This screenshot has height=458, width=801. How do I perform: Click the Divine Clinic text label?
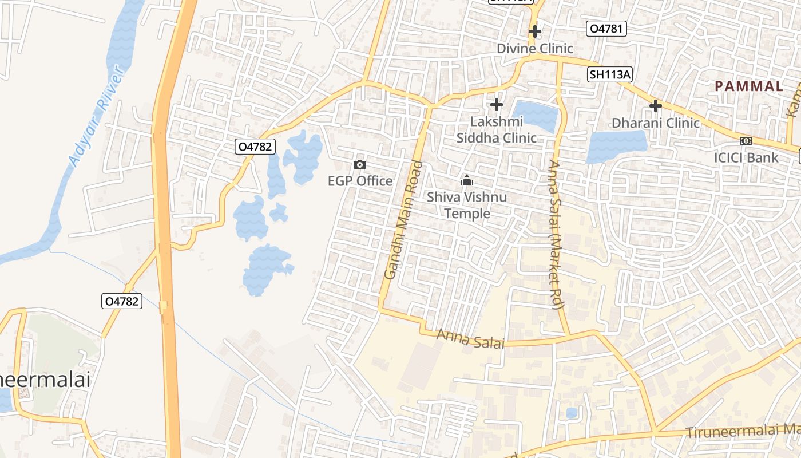pos(534,48)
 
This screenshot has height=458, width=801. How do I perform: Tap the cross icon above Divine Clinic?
pos(535,31)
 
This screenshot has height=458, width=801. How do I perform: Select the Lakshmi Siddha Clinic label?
pos(496,129)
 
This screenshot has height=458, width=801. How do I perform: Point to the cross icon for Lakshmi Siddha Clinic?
pos(497,105)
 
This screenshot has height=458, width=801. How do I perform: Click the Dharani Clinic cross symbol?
pos(656,106)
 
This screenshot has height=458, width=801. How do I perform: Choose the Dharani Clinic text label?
pos(656,123)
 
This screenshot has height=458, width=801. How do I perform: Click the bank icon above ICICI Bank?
pos(746,141)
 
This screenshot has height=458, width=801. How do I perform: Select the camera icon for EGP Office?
pos(360,165)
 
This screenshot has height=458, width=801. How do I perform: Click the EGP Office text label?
pos(360,181)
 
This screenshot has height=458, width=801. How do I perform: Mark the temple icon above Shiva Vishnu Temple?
pos(467,181)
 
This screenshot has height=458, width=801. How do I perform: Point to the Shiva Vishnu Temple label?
pos(467,205)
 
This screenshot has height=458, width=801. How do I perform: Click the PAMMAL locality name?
pos(748,86)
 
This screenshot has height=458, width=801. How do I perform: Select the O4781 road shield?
pos(606,29)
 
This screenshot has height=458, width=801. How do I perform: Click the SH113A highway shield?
pos(610,74)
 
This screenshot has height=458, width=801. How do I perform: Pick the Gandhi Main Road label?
pos(403,220)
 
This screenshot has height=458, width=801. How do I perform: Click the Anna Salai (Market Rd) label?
pos(556,235)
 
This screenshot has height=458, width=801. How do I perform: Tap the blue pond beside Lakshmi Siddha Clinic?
pos(536,115)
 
